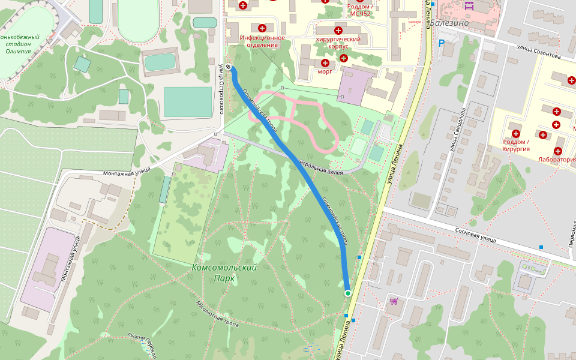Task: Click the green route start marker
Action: point(347,293)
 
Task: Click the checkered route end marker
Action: point(229,68)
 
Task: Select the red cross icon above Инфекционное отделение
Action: point(262,28)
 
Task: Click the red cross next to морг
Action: point(325,63)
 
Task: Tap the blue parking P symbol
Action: point(442,43)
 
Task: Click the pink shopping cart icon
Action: point(394,301)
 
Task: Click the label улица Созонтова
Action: point(539,53)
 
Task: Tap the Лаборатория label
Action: point(557,160)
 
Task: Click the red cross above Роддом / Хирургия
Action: point(515,133)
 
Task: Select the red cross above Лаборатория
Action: point(558,151)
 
